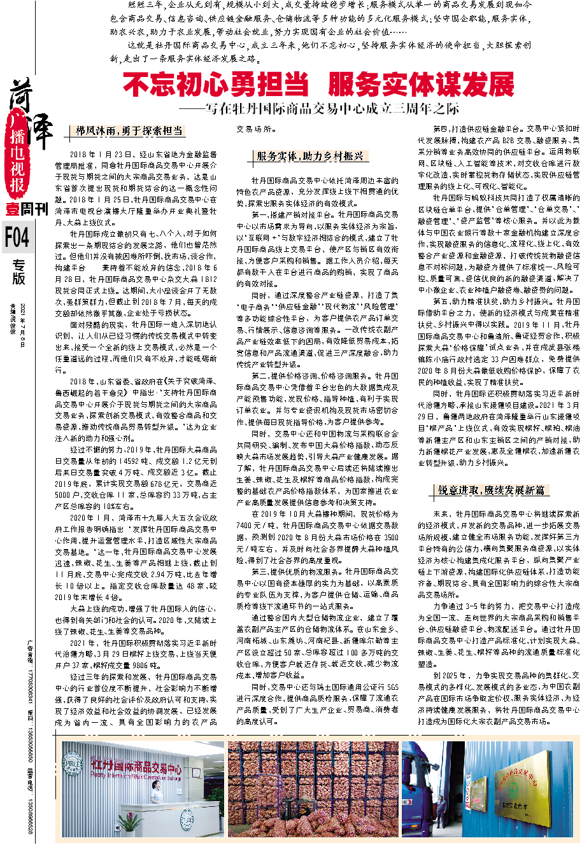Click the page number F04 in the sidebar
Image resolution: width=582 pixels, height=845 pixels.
[17, 237]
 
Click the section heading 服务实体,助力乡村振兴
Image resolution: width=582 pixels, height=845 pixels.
[309, 157]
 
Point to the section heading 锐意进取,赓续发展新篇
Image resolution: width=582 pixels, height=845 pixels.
[490, 490]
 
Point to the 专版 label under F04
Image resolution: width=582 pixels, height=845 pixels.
[18, 272]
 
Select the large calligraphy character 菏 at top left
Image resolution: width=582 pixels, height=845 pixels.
[22, 95]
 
